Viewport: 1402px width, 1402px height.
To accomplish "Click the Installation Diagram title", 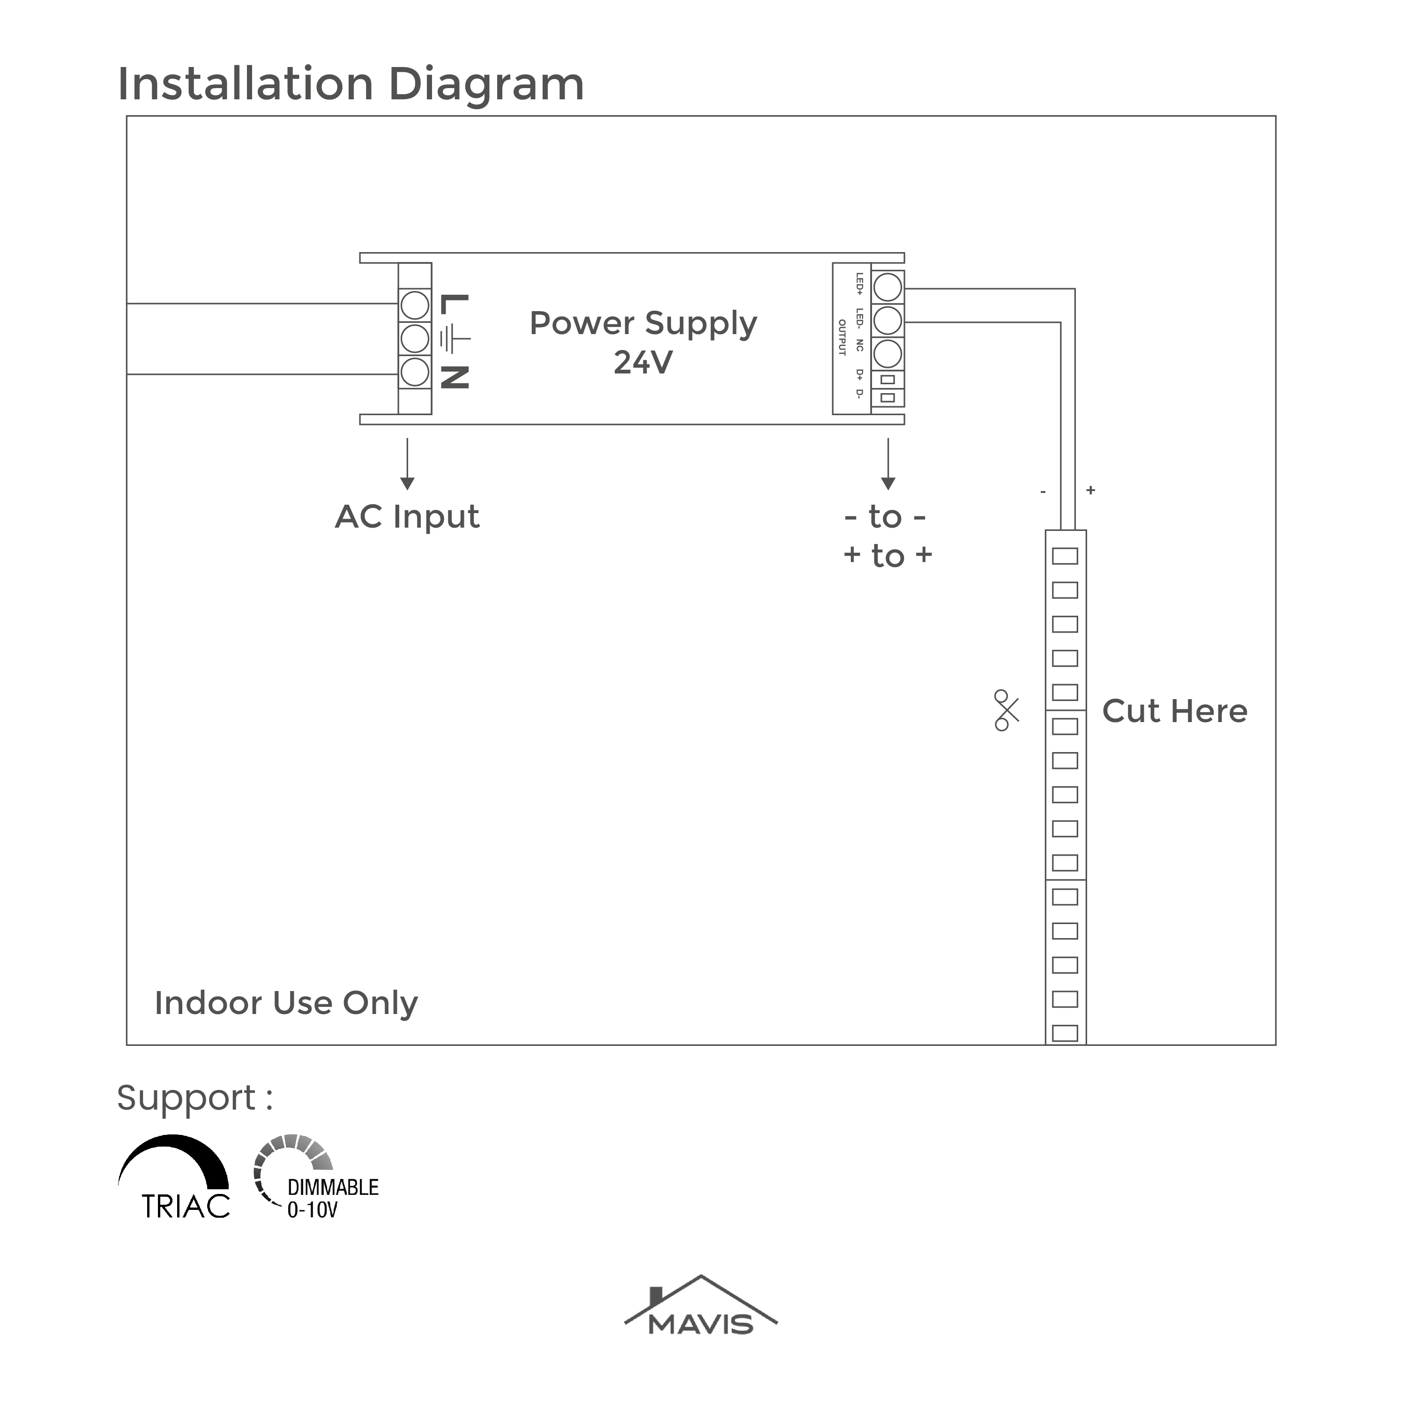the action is click(x=351, y=84).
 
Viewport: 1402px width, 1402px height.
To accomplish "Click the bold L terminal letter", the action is click(x=454, y=305).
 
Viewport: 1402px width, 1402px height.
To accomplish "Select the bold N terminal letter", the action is click(x=454, y=377).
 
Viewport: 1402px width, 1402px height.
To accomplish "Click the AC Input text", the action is click(x=407, y=517).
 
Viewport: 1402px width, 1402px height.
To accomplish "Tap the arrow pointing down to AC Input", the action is click(x=407, y=464).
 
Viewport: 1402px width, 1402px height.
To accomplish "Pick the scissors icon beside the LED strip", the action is click(x=1007, y=710).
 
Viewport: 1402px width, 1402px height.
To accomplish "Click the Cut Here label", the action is click(x=1175, y=711).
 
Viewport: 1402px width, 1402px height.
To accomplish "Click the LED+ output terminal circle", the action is click(x=887, y=287).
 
